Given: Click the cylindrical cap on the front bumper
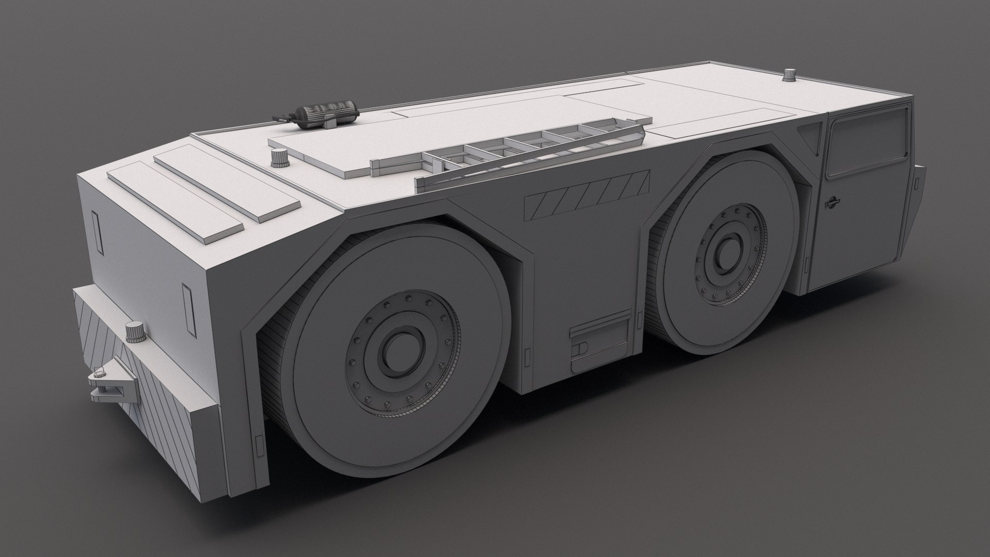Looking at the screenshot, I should [136, 332].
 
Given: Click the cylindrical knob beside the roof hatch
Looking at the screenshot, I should [280, 157].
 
